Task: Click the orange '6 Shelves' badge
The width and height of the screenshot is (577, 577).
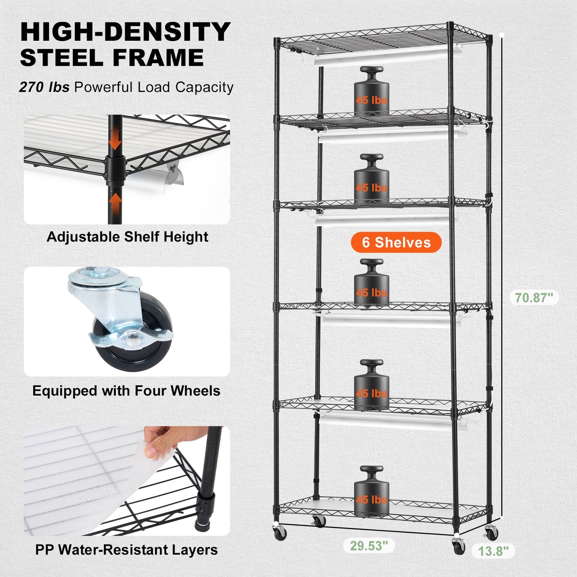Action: (396, 242)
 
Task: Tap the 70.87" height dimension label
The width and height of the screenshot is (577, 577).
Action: (534, 297)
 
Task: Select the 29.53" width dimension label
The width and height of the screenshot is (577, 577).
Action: (369, 545)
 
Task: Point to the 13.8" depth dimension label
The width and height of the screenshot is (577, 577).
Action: (494, 551)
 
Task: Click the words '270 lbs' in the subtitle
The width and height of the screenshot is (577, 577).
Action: (44, 87)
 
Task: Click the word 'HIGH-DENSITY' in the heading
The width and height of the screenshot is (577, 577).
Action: (125, 32)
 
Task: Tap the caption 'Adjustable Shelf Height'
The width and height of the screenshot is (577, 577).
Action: (127, 237)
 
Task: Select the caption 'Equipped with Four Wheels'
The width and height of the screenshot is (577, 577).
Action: (126, 391)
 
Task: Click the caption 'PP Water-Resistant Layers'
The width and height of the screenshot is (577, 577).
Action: (126, 550)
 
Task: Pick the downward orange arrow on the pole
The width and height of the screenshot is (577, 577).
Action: (115, 141)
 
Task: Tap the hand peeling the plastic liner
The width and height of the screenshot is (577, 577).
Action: (160, 441)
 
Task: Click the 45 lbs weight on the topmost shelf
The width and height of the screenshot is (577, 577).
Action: (371, 94)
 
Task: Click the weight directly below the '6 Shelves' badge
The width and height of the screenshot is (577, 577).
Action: (371, 286)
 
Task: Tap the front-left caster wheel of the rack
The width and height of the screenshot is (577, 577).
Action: (280, 533)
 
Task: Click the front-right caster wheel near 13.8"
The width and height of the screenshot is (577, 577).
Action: (459, 546)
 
